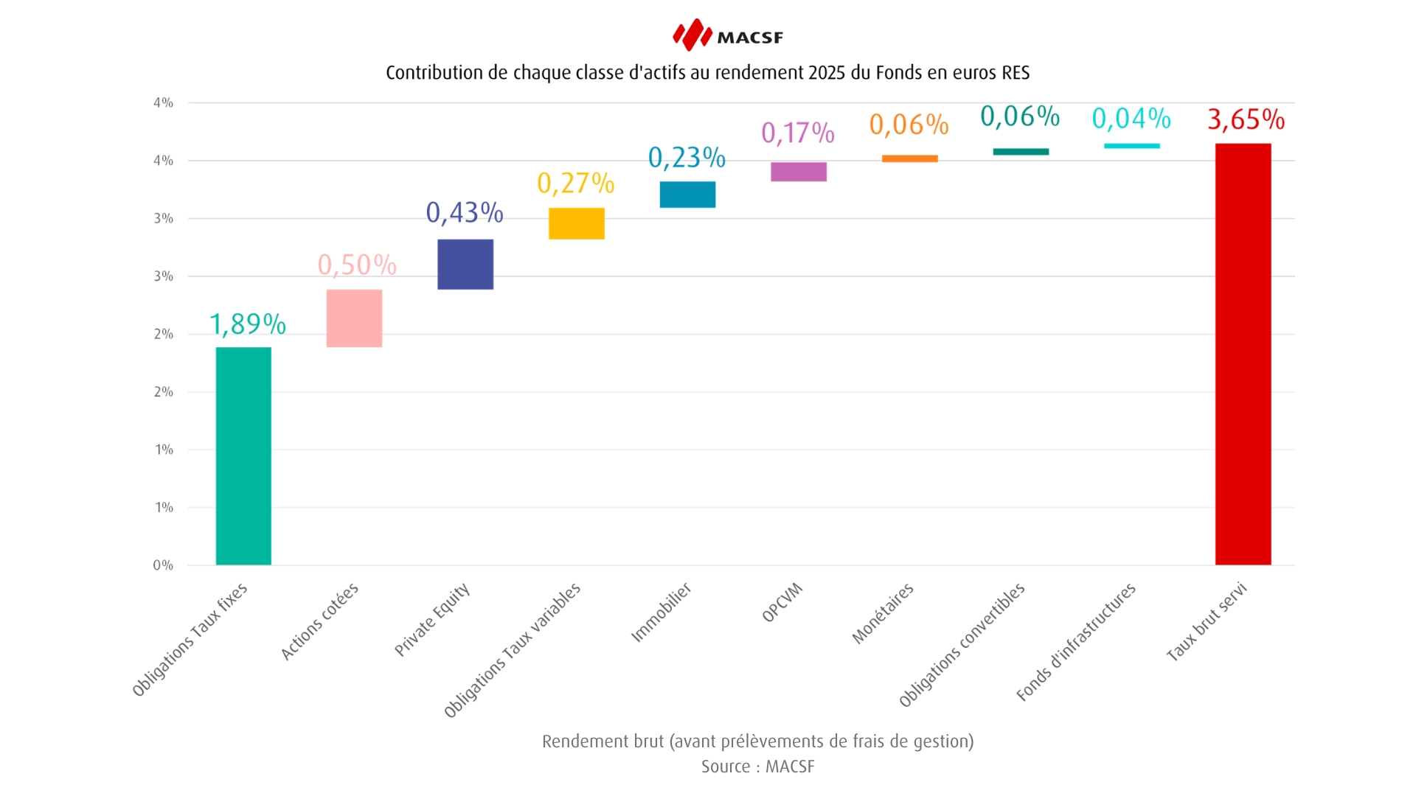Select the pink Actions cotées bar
click(x=354, y=318)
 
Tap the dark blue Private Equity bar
click(x=465, y=264)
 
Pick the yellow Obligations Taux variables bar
click(x=576, y=223)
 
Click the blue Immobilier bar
click(x=687, y=195)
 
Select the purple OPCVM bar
click(x=798, y=172)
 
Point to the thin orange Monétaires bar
click(x=909, y=158)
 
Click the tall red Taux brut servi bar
click(x=1243, y=354)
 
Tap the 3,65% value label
click(x=1246, y=119)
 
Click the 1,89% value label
click(x=247, y=324)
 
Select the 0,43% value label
click(x=465, y=213)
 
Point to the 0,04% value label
click(x=1131, y=119)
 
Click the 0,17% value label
click(x=798, y=133)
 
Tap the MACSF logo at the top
click(x=727, y=35)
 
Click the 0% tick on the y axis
click(x=163, y=565)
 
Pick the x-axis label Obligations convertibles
click(x=962, y=645)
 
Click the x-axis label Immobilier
click(x=661, y=612)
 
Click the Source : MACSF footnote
click(x=757, y=767)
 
